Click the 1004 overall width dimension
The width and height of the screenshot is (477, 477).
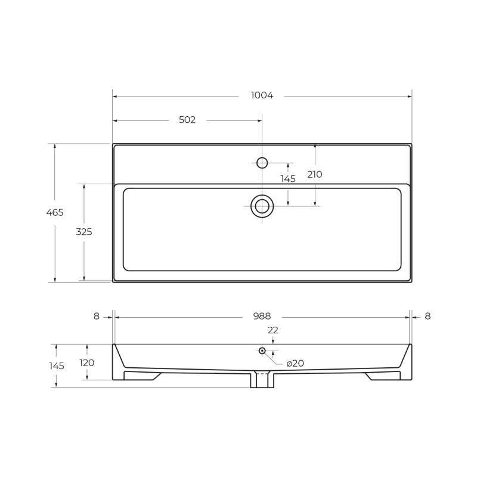click(x=262, y=95)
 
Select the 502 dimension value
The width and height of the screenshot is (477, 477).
click(x=187, y=120)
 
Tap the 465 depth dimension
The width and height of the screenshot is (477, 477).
click(x=55, y=212)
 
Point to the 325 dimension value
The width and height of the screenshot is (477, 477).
click(x=84, y=232)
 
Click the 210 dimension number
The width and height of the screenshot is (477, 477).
click(x=315, y=175)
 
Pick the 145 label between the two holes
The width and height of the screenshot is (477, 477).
click(x=288, y=179)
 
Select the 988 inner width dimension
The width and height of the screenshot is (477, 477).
click(x=262, y=317)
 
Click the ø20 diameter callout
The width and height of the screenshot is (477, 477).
click(x=295, y=363)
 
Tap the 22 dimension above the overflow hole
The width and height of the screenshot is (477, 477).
click(x=273, y=330)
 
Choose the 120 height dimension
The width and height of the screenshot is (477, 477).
click(x=87, y=363)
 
